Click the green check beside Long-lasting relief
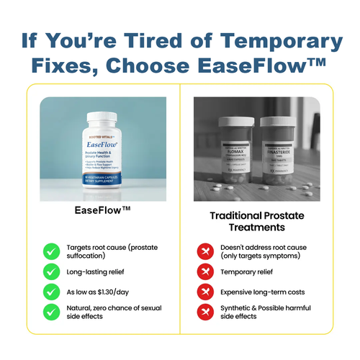[51, 271]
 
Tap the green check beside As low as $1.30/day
[51, 291]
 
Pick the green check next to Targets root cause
[51, 251]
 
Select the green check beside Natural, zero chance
[51, 311]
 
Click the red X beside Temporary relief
[206, 271]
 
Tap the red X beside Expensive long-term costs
[206, 291]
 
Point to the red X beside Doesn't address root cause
[206, 251]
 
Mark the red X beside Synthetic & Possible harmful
[206, 311]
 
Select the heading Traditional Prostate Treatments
[257, 221]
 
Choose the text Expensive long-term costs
[265, 291]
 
